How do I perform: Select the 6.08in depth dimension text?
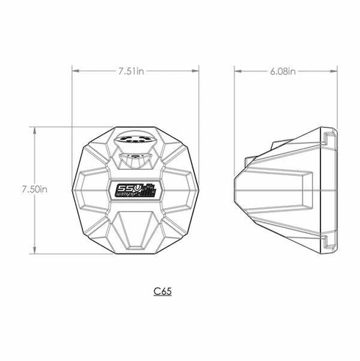pyautogui.click(x=283, y=71)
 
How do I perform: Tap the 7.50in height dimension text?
pyautogui.click(x=35, y=189)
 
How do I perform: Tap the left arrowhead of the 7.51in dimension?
pyautogui.click(x=74, y=71)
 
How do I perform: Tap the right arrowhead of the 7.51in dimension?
pyautogui.click(x=197, y=71)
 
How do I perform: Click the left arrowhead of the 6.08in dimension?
pyautogui.click(x=237, y=71)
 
